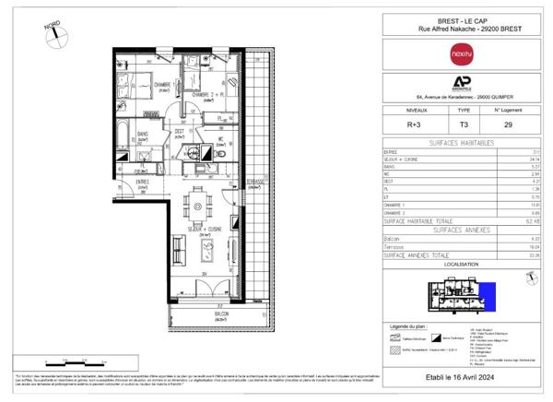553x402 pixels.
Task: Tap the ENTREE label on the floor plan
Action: click(x=142, y=182)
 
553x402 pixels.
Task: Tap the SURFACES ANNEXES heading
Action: click(x=455, y=229)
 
